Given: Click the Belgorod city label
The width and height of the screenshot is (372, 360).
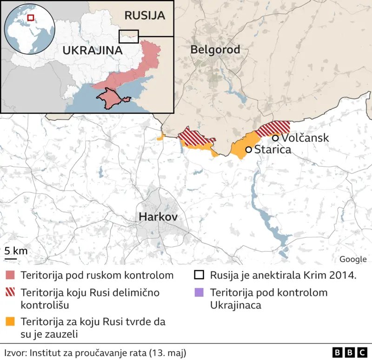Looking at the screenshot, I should click(x=215, y=50).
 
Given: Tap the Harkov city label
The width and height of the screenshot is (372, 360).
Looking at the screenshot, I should click(x=158, y=217).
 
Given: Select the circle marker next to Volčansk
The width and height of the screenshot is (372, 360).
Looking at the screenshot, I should click(x=275, y=138).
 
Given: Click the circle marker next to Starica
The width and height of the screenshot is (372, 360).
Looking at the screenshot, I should click(x=248, y=150).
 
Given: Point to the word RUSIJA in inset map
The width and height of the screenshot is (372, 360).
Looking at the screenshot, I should click(x=145, y=15).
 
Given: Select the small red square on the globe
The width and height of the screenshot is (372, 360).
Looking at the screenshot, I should click(x=31, y=18).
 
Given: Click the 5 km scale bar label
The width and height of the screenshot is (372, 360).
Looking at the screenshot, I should click(x=16, y=251).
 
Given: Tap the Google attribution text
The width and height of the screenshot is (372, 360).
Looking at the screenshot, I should click(x=352, y=259).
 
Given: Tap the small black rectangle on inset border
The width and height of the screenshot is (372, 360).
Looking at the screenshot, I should click(x=129, y=35).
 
